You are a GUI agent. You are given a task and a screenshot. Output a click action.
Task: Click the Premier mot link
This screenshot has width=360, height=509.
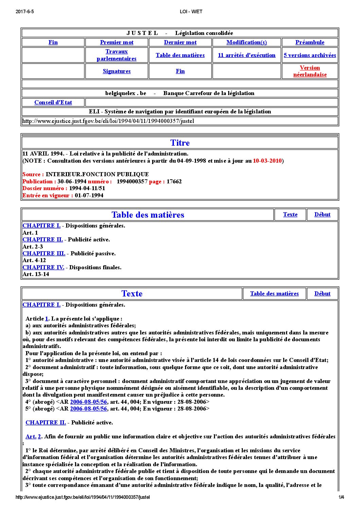pyautogui.click(x=116, y=42)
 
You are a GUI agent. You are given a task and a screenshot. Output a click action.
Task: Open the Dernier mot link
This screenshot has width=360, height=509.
pyautogui.click(x=180, y=42)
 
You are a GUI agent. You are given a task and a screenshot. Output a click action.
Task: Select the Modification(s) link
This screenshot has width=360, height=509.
pyautogui.click(x=247, y=42)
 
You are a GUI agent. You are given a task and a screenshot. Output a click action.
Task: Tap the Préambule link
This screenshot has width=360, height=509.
pyautogui.click(x=310, y=42)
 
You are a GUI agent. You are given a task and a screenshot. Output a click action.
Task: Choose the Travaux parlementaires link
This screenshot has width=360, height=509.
pyautogui.click(x=116, y=55)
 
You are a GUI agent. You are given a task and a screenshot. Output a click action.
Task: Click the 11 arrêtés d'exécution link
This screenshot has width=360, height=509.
pyautogui.click(x=247, y=55)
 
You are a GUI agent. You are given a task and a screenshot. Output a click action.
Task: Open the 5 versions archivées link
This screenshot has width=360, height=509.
pyautogui.click(x=310, y=55)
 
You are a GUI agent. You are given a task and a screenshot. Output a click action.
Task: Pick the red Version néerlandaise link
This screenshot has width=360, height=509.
pyautogui.click(x=310, y=71)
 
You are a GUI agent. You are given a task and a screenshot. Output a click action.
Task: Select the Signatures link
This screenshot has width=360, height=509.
pyautogui.click(x=116, y=71)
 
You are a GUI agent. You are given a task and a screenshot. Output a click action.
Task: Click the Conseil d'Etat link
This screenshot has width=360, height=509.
pyautogui.click(x=53, y=103)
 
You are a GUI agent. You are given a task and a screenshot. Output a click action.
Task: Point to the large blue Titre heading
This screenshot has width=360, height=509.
pyautogui.click(x=180, y=143)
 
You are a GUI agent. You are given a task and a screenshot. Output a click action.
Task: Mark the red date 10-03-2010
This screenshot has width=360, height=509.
pyautogui.click(x=267, y=161)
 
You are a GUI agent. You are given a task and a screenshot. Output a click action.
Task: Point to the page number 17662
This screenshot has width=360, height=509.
pyautogui.click(x=174, y=181)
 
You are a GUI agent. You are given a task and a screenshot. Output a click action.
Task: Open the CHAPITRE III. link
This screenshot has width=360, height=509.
pyautogui.click(x=44, y=253)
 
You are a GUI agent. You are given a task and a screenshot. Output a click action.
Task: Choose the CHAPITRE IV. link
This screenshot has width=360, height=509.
pyautogui.click(x=43, y=267)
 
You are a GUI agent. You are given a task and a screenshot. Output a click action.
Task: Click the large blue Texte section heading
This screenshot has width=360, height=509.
pyautogui.click(x=132, y=293)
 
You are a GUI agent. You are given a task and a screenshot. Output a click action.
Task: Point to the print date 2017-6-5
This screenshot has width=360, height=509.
pyautogui.click(x=25, y=12)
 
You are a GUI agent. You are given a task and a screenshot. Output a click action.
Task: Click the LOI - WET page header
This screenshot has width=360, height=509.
pyautogui.click(x=191, y=12)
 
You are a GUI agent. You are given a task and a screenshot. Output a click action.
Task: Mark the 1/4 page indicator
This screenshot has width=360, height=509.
pyautogui.click(x=341, y=497)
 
